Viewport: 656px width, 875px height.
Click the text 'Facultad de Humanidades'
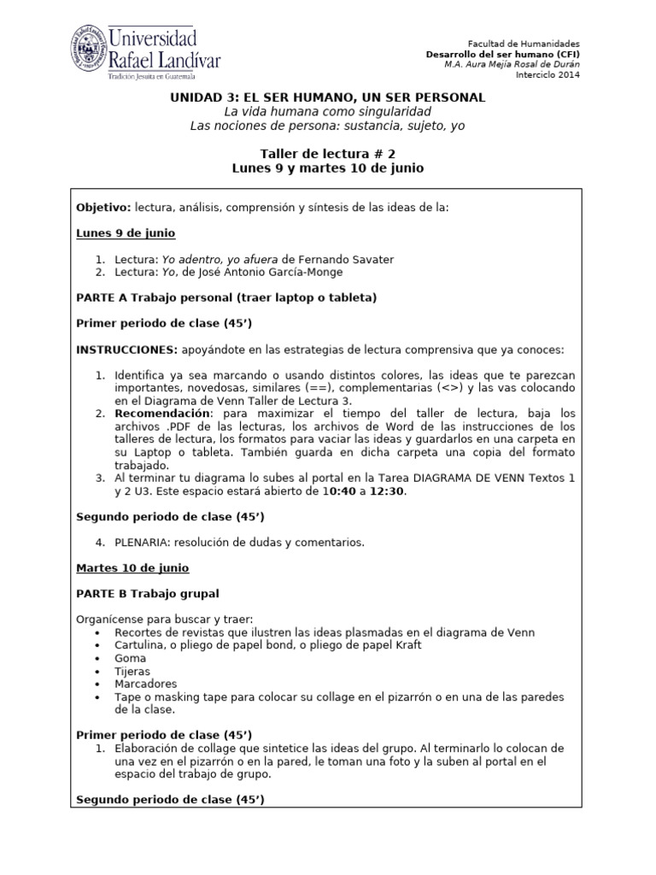tap(524, 44)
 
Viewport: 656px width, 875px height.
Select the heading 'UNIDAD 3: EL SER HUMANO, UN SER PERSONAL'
tap(327, 97)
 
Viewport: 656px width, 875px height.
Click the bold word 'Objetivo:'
tap(102, 208)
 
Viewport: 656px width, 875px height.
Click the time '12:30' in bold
tap(386, 490)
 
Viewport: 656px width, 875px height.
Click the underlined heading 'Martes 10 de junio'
tap(132, 567)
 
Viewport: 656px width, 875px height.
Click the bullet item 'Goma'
tap(129, 658)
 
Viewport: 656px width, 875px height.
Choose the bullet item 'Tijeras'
tap(132, 672)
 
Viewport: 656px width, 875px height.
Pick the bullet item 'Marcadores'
tap(145, 684)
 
